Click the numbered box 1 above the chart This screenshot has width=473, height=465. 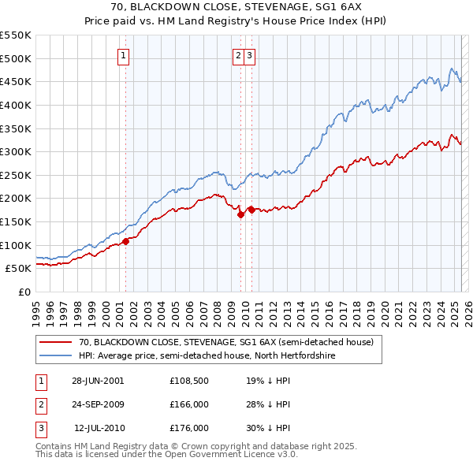click(x=125, y=55)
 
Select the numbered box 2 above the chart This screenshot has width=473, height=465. click(x=238, y=55)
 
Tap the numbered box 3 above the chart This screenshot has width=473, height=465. click(x=249, y=55)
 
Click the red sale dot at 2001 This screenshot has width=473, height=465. click(x=125, y=241)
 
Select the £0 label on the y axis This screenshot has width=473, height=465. click(x=24, y=292)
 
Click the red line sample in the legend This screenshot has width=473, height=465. click(x=55, y=343)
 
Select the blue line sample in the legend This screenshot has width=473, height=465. click(x=55, y=356)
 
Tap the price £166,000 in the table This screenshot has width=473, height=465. click(x=188, y=404)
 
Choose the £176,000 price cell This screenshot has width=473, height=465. click(x=188, y=428)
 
